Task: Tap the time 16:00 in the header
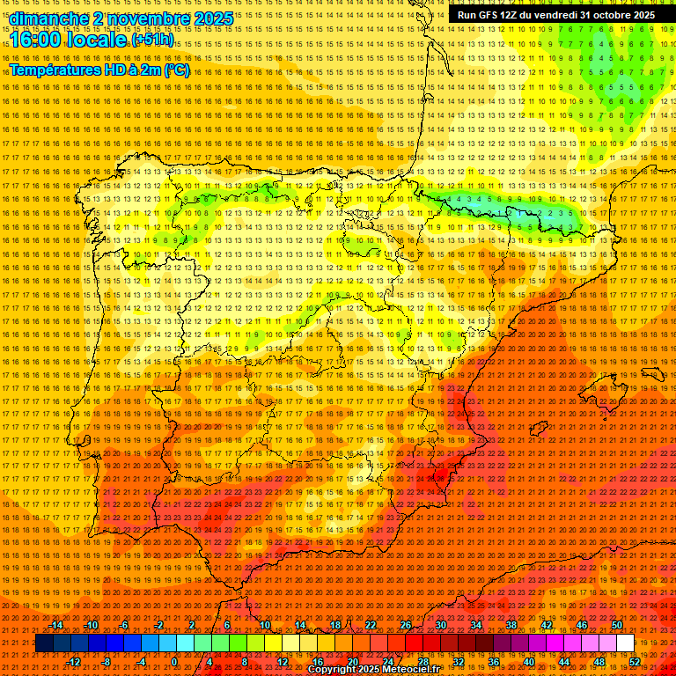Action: [40, 40]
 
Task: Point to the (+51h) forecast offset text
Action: [151, 40]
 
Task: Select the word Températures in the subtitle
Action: [56, 70]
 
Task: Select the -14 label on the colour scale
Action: [57, 625]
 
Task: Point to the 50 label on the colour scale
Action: [616, 625]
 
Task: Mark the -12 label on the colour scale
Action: [74, 662]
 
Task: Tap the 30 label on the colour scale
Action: [440, 625]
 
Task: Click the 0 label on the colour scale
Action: [176, 662]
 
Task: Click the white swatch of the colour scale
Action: [625, 643]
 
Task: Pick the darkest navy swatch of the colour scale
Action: [44, 643]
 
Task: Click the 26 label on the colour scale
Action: [405, 625]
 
